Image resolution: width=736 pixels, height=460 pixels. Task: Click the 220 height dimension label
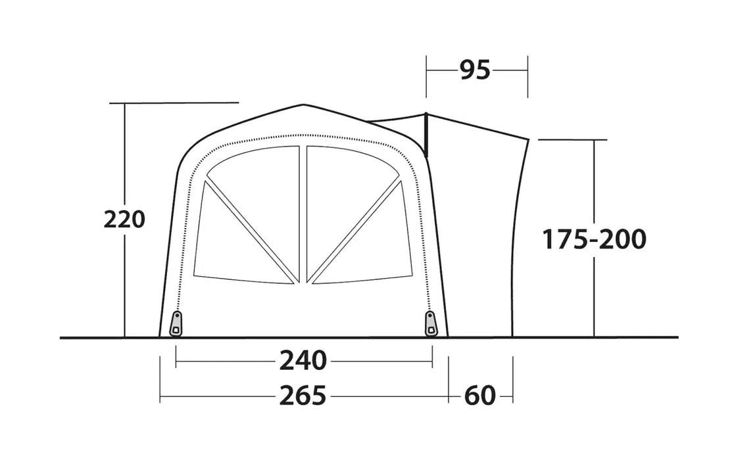click(124, 219)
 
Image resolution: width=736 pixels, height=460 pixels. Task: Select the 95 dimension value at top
click(475, 70)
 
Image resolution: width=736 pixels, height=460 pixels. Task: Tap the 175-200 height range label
click(594, 240)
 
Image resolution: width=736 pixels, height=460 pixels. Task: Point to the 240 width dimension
click(303, 361)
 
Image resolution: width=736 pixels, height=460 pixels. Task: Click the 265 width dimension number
click(303, 396)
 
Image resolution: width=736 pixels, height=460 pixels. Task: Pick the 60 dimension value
click(479, 396)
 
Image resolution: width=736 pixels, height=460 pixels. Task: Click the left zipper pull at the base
click(176, 323)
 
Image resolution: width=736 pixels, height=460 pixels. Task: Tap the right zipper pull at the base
click(430, 323)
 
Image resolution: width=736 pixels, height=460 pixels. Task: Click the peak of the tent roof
click(303, 105)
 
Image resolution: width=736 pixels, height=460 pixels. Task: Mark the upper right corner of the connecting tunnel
click(527, 139)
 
